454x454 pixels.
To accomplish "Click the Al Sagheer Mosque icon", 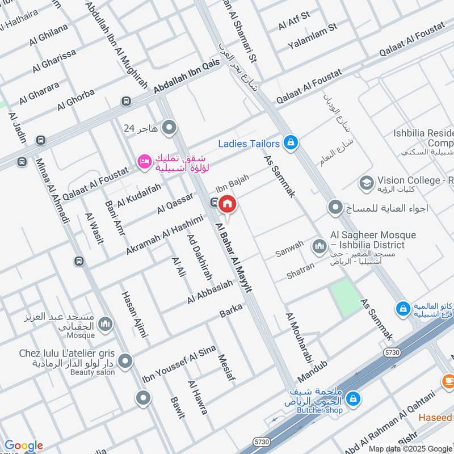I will tap(318, 245).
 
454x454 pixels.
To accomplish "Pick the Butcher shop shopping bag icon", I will tap(353, 398).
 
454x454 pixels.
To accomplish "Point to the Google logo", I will tap(23, 445).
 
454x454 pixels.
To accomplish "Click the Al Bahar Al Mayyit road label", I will tap(233, 258).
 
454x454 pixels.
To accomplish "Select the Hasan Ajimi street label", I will tap(133, 315).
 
